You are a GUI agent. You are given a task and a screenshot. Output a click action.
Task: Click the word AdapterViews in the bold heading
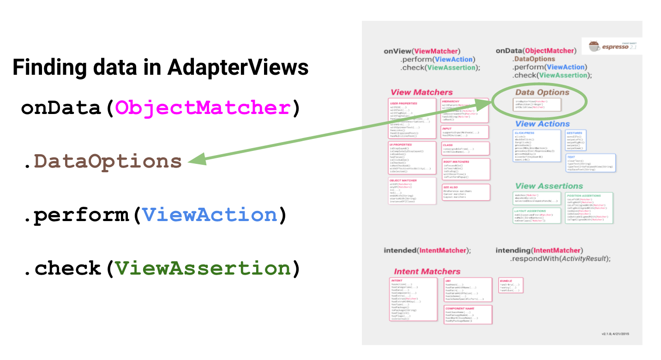(x=238, y=67)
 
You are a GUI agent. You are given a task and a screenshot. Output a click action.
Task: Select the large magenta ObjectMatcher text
(x=203, y=108)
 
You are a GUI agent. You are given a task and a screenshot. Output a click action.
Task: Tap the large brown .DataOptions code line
(x=103, y=162)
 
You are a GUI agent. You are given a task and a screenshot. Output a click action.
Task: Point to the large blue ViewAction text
(x=210, y=215)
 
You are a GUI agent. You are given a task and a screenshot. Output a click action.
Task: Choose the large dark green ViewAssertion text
(x=203, y=268)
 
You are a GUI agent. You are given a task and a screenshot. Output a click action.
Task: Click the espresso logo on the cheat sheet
(x=610, y=46)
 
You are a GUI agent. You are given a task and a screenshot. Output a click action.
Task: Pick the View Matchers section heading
(x=421, y=92)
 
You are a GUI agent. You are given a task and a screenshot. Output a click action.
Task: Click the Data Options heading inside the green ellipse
(x=542, y=92)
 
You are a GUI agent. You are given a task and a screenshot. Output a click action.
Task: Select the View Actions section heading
(x=542, y=124)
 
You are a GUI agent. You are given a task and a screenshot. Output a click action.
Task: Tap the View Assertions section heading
(x=549, y=186)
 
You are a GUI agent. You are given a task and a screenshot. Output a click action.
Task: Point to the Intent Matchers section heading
(x=427, y=271)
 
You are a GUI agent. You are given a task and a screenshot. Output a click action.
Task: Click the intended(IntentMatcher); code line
(x=427, y=251)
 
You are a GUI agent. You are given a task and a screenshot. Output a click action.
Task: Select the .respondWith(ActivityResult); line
(x=560, y=258)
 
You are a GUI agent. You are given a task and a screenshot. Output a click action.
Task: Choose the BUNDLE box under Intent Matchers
(x=511, y=285)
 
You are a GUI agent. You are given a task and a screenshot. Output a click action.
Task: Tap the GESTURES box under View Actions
(x=576, y=140)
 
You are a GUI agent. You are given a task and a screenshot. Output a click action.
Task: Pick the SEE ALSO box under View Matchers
(x=466, y=192)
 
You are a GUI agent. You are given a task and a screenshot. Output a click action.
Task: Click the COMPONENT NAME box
(x=468, y=314)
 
